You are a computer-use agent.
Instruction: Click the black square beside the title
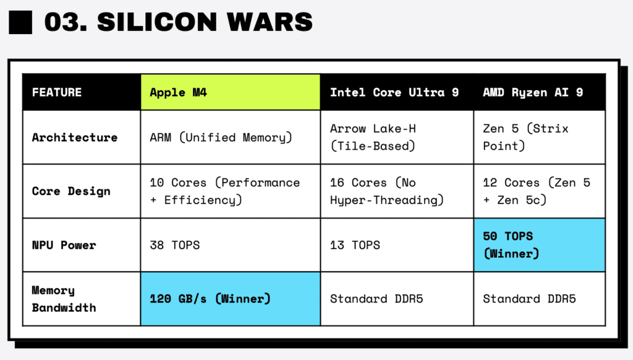[x=20, y=22]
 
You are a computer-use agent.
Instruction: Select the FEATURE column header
[x=57, y=92]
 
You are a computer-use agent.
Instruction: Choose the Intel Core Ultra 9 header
[x=394, y=92]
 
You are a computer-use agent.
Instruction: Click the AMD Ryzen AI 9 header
[x=533, y=92]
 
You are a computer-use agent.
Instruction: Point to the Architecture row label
[x=75, y=137]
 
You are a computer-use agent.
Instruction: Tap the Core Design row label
[x=71, y=191]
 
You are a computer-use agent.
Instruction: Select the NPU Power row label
[x=64, y=245]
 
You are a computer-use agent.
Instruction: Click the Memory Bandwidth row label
[x=64, y=299]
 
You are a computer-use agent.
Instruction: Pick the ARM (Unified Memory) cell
[x=220, y=137]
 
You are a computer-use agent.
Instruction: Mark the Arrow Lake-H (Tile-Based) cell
[x=373, y=137]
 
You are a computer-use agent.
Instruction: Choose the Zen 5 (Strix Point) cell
[x=525, y=137]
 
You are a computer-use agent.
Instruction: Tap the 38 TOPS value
[x=175, y=245]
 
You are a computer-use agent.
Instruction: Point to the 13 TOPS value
[x=355, y=245]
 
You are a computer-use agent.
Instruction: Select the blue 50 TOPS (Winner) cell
[x=539, y=245]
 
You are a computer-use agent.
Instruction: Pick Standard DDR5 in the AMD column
[x=529, y=299]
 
